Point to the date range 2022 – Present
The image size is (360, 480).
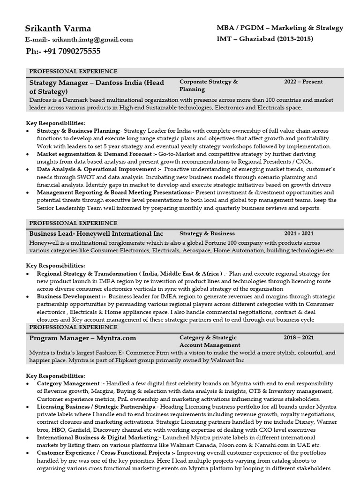pyautogui.click(x=303, y=82)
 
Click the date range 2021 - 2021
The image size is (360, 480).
pyautogui.click(x=299, y=233)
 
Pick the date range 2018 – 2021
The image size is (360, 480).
pyautogui.click(x=299, y=337)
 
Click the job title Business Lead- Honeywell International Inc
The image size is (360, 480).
pyautogui.click(x=96, y=233)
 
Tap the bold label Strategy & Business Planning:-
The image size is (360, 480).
pyautogui.click(x=80, y=131)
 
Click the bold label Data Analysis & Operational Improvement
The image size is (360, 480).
pyautogui.click(x=97, y=169)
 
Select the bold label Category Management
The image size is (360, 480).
pyautogui.click(x=68, y=383)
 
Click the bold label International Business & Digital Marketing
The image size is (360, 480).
pyautogui.click(x=97, y=437)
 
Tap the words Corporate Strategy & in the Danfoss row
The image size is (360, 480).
pyautogui.click(x=209, y=82)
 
